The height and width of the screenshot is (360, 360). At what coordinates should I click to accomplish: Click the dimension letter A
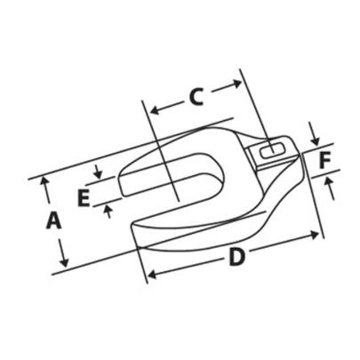52,220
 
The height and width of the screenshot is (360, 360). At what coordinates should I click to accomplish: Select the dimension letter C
197,96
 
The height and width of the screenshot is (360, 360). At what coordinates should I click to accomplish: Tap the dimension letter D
235,258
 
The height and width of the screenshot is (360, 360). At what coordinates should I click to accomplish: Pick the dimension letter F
325,161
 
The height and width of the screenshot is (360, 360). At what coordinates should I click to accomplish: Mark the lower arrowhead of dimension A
64,264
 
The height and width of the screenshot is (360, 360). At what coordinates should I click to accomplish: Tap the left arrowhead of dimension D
149,274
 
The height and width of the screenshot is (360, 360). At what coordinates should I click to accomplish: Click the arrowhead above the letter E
100,174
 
